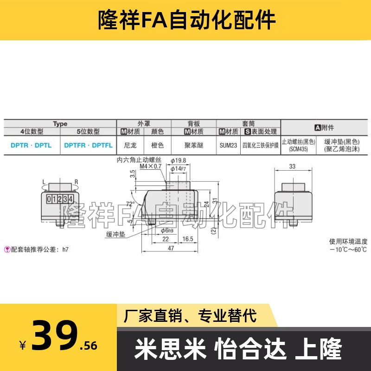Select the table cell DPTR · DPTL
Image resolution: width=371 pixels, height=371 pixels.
(31, 145)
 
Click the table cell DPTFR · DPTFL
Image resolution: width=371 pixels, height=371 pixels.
(88, 145)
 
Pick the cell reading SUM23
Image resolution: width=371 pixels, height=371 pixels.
(228, 145)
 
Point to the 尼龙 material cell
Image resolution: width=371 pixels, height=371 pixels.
(130, 145)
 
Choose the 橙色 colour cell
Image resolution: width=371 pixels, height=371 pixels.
(158, 145)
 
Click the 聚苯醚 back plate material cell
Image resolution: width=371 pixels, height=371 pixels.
(193, 145)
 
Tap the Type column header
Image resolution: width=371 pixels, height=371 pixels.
(60, 124)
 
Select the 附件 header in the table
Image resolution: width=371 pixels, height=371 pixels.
(324, 127)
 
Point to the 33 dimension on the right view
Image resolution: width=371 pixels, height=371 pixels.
(292, 167)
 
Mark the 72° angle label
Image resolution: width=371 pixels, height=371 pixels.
(130, 204)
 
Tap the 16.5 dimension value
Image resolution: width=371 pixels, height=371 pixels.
(187, 239)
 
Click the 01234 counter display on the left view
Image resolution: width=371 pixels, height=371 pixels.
(61, 199)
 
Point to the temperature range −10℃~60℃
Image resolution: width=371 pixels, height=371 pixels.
(348, 249)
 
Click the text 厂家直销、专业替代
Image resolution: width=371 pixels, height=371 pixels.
(190, 316)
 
